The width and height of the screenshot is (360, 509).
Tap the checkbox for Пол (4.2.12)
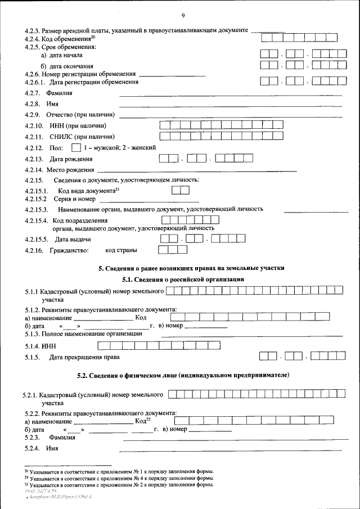[x=76, y=148]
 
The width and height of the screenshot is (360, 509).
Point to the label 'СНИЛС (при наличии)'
[x=83, y=137]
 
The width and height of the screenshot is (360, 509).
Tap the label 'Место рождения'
[x=70, y=170]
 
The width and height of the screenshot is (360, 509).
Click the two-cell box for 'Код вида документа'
[x=180, y=190]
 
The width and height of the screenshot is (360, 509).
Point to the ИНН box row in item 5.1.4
[x=159, y=345]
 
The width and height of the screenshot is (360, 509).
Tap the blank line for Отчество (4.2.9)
[x=230, y=116]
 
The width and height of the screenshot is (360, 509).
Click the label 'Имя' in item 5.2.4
[x=54, y=448]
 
